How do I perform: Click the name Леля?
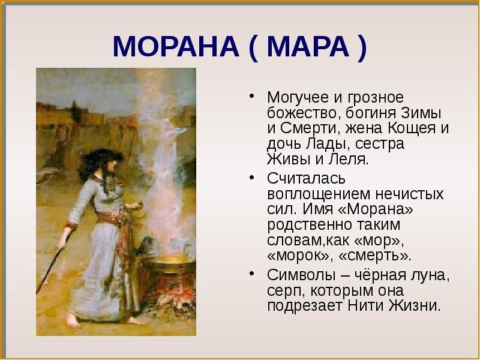pyautogui.click(x=351, y=160)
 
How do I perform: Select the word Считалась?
pyautogui.click(x=302, y=179)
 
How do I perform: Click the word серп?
pyautogui.click(x=284, y=291)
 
